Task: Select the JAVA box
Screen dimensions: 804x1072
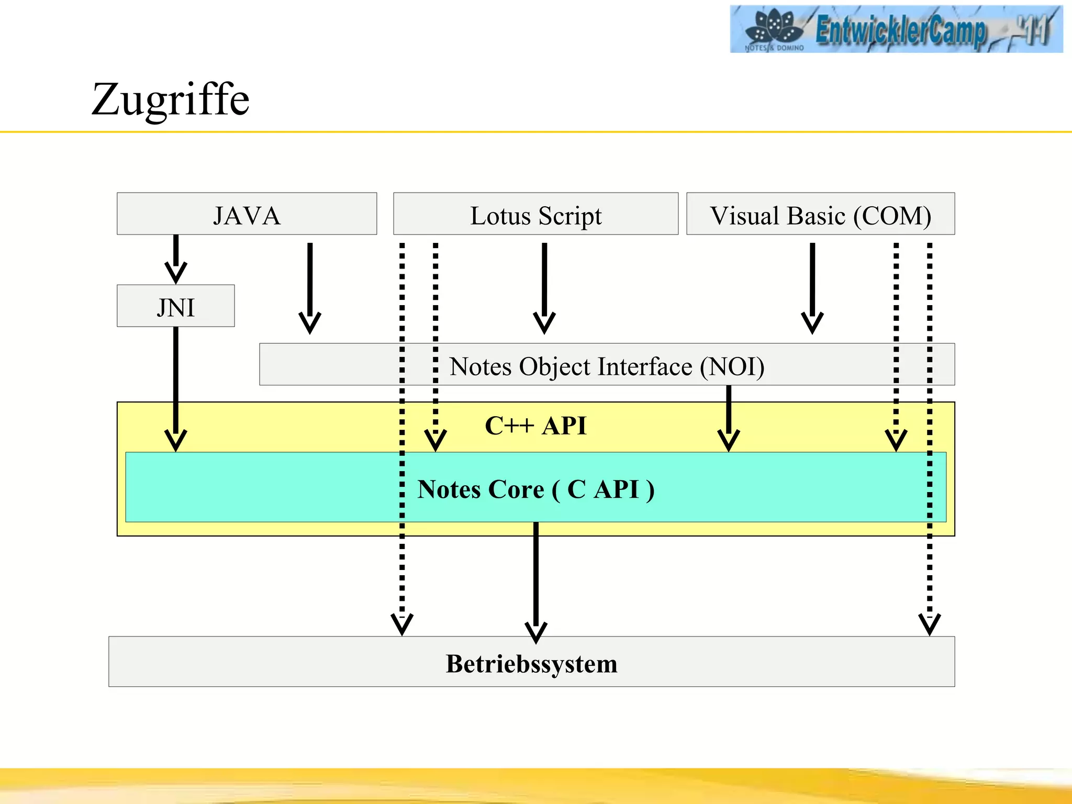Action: click(x=247, y=214)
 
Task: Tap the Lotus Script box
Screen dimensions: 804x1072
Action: click(x=535, y=214)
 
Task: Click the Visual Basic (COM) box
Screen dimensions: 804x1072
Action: click(x=820, y=214)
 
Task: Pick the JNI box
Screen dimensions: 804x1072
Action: click(x=175, y=306)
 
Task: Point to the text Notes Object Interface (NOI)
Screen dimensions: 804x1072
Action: click(x=607, y=366)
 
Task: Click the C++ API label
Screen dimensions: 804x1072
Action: click(x=535, y=426)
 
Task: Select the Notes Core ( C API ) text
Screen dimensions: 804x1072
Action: click(x=535, y=489)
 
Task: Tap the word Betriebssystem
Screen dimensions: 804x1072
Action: click(x=531, y=663)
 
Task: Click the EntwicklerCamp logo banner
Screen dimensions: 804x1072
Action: click(x=896, y=29)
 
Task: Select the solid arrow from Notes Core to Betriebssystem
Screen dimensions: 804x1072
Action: click(x=536, y=581)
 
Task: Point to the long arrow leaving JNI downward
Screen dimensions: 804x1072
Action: click(x=176, y=387)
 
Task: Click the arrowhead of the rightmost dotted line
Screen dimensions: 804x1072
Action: click(x=930, y=624)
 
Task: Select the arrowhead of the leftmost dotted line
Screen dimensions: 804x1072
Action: click(x=402, y=624)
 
